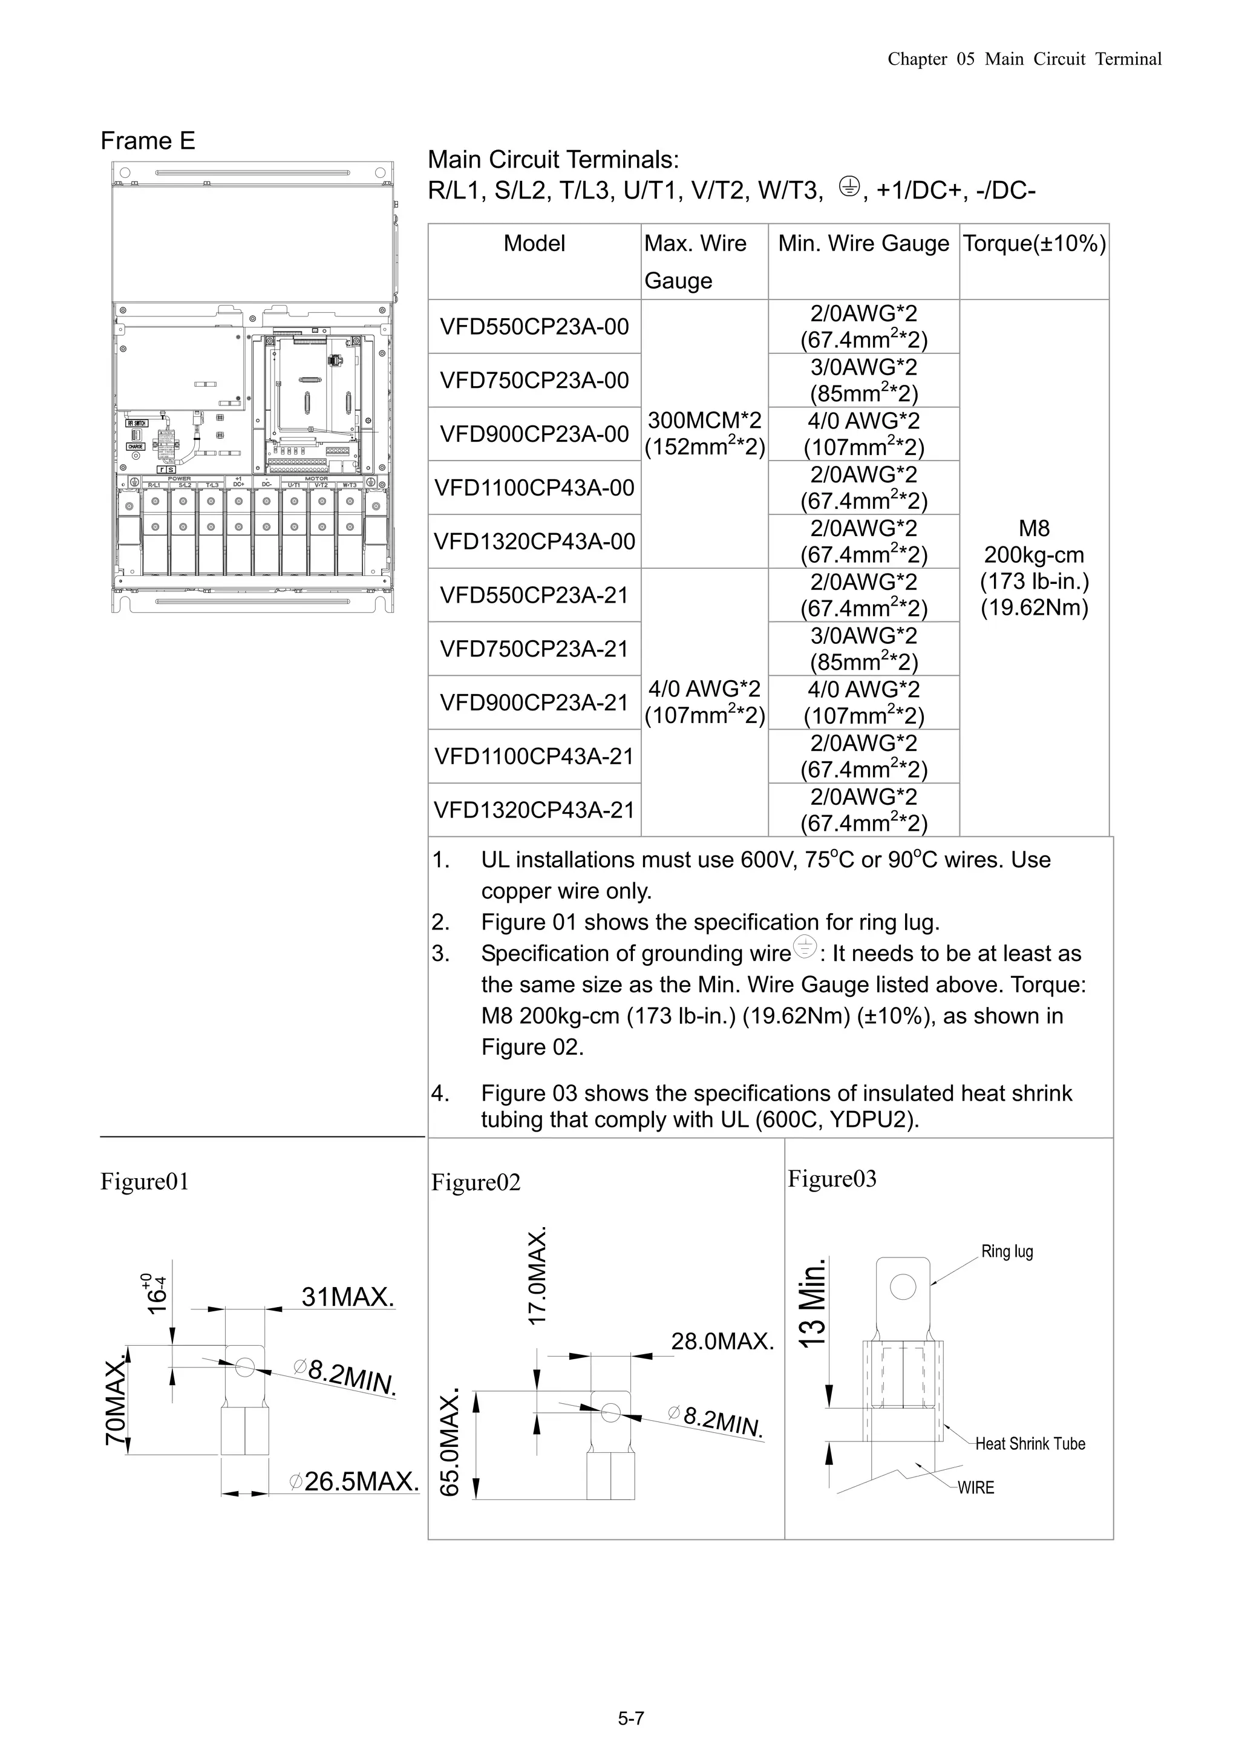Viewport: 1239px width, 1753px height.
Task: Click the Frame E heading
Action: pos(148,140)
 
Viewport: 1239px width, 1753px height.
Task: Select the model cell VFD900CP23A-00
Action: pos(534,434)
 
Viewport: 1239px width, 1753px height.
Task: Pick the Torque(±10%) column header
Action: pos(1034,244)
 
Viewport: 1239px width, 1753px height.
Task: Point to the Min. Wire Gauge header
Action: pos(863,244)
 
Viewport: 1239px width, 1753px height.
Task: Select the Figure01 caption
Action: pos(144,1181)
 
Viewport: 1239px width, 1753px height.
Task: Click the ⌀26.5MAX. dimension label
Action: pos(355,1481)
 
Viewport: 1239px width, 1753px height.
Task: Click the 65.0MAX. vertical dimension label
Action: pos(450,1441)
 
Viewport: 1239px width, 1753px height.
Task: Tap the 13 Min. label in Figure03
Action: pos(812,1303)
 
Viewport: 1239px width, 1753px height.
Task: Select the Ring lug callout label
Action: pos(1006,1251)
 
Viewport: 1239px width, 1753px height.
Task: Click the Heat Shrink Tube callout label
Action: pos(1029,1443)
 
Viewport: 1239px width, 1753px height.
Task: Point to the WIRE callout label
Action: pos(976,1487)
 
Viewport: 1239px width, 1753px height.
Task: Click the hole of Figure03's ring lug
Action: pos(903,1286)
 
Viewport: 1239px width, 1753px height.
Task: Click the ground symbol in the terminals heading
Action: pos(849,186)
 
